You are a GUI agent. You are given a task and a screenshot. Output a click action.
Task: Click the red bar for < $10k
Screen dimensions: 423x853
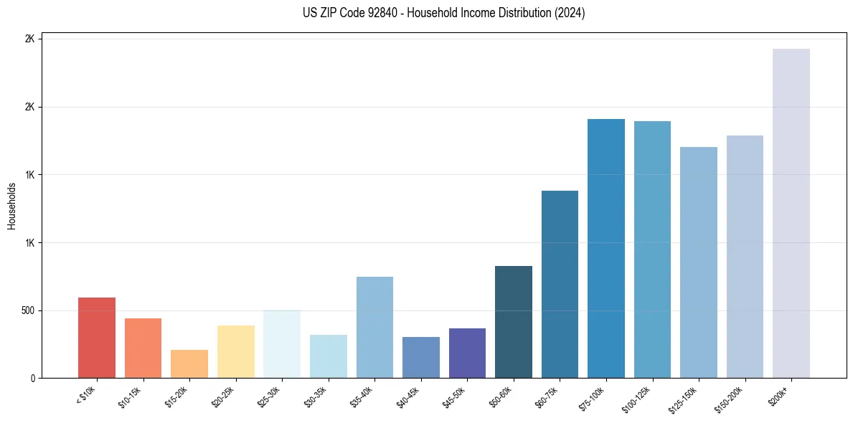click(96, 338)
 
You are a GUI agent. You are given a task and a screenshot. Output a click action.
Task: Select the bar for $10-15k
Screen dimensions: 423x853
click(143, 348)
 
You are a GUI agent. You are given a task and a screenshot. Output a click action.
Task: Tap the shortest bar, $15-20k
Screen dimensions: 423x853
click(189, 364)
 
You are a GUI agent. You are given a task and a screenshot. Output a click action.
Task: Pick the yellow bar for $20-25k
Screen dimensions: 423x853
click(235, 352)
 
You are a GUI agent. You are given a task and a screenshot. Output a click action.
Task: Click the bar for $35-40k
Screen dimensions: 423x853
click(374, 328)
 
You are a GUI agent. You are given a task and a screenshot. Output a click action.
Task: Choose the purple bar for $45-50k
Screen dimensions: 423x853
click(467, 353)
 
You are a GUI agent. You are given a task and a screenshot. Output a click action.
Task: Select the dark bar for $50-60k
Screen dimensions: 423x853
click(514, 322)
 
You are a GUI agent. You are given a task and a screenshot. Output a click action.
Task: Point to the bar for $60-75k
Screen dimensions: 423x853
click(560, 285)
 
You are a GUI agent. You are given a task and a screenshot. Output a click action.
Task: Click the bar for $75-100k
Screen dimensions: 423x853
click(606, 249)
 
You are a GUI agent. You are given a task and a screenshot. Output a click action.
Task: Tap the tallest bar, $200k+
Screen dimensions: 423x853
click(791, 214)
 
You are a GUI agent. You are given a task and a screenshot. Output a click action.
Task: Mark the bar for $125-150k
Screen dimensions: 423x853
click(699, 262)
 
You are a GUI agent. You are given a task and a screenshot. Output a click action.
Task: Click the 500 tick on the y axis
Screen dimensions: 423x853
click(29, 310)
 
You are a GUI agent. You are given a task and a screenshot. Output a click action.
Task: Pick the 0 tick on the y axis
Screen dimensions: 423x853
click(33, 378)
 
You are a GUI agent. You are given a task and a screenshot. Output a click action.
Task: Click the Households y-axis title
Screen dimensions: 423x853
click(12, 206)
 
